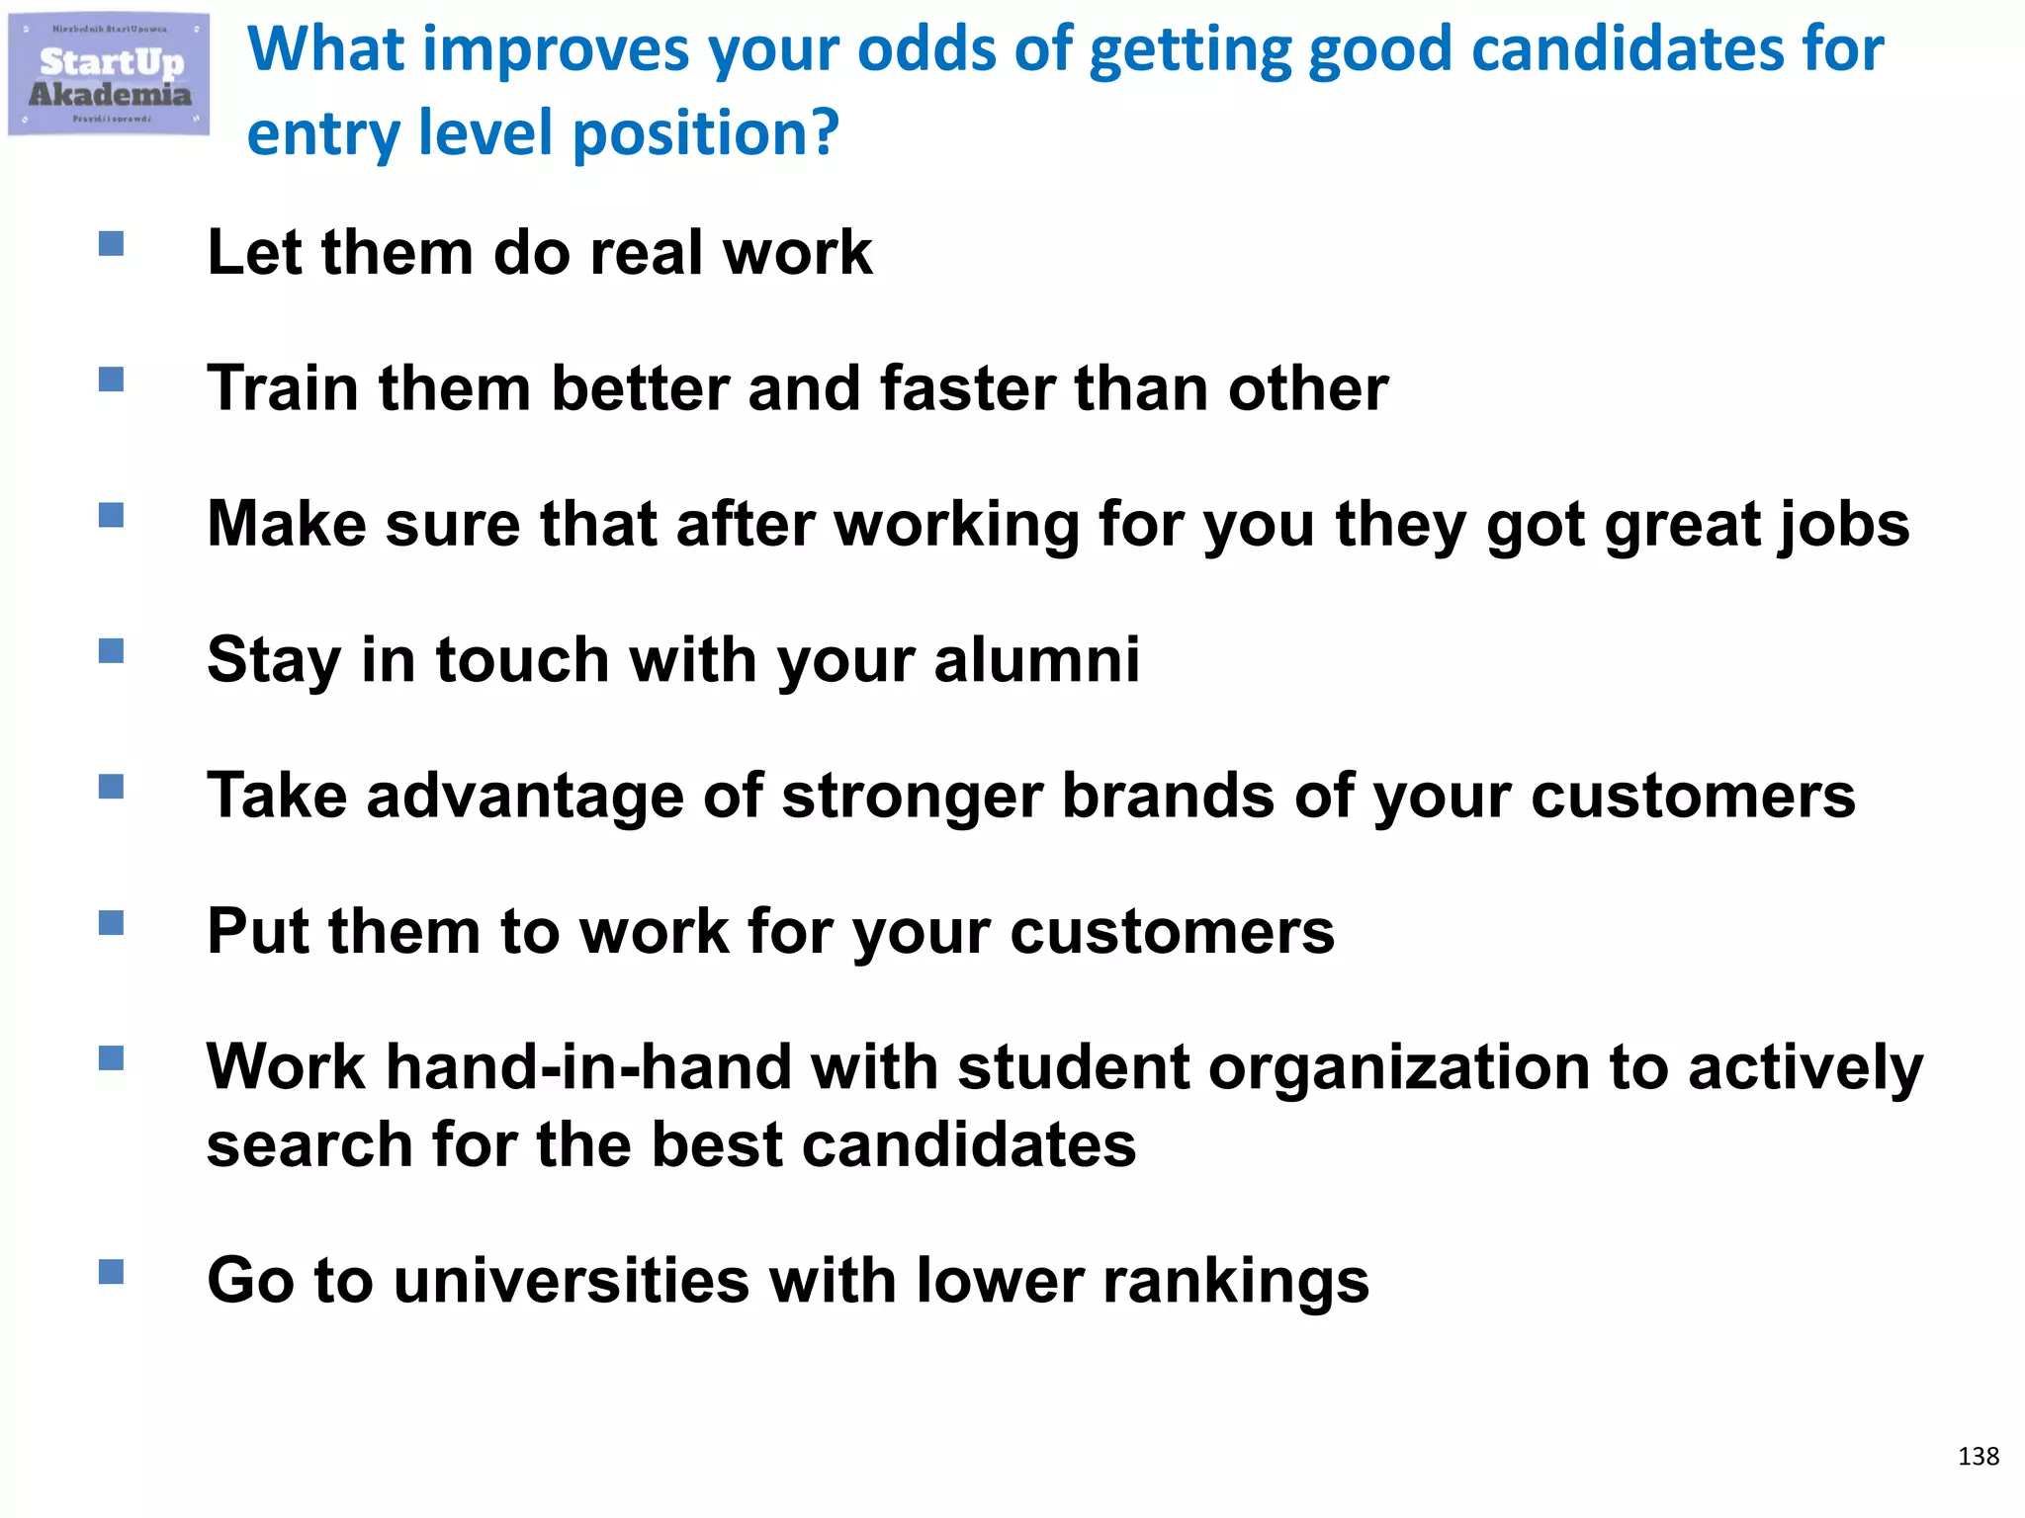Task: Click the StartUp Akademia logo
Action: point(109,75)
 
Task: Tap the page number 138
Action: point(1978,1456)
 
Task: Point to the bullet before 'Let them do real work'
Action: point(112,243)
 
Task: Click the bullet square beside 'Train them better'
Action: point(112,379)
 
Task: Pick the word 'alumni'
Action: point(1037,660)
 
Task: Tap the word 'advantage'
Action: point(525,796)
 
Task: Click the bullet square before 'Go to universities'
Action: point(112,1271)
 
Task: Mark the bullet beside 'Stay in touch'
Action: point(112,650)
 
